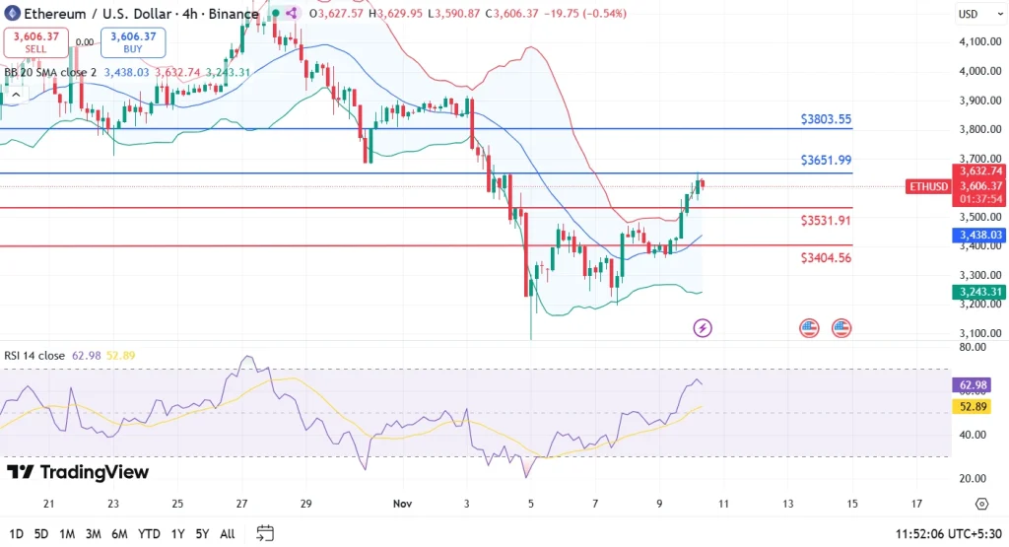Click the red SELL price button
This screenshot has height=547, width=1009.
36,42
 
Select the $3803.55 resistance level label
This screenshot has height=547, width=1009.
825,119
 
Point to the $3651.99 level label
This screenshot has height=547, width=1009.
825,161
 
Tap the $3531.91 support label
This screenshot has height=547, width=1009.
825,220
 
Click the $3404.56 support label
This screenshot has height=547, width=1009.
825,257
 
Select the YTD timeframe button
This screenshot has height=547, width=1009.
150,533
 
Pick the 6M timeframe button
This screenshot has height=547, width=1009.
119,533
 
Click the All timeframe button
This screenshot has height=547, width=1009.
227,533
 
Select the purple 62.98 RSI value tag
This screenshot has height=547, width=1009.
975,384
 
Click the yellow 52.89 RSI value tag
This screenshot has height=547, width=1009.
975,405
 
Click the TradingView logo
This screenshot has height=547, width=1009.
78,472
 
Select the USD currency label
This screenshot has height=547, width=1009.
968,14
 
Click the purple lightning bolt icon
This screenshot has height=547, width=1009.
703,327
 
